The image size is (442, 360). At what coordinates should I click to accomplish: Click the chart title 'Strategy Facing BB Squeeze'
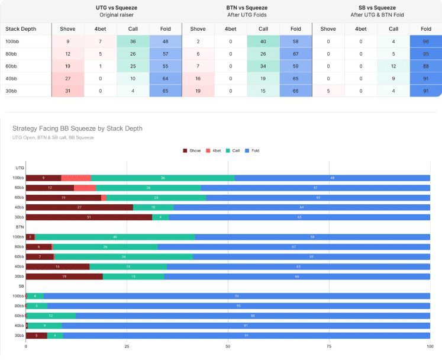click(x=77, y=128)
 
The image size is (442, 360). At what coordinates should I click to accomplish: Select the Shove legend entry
click(x=193, y=151)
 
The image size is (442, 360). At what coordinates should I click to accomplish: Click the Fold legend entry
click(x=254, y=151)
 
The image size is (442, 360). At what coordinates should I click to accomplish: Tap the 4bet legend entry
click(x=214, y=151)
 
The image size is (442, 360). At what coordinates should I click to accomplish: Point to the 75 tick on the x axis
click(x=329, y=346)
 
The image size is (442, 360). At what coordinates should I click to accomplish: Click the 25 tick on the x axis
click(x=127, y=346)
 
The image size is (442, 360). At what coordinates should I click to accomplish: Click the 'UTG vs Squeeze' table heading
click(x=117, y=8)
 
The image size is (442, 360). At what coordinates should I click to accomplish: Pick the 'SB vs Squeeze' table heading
click(x=376, y=8)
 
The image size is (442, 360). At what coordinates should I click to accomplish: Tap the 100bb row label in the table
click(x=12, y=41)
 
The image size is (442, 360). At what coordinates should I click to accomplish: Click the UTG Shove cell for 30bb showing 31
click(x=68, y=91)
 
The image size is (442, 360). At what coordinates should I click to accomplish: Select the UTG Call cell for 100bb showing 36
click(x=133, y=41)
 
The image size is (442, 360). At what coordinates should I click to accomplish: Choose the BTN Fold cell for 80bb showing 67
click(x=295, y=54)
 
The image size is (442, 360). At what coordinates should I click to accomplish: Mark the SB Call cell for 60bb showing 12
click(x=393, y=66)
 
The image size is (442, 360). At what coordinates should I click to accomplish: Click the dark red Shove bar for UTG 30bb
click(x=89, y=217)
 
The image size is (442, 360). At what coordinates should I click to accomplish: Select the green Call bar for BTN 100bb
click(x=115, y=237)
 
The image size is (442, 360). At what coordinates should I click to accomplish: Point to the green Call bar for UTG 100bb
click(x=163, y=178)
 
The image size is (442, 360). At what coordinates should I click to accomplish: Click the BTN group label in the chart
click(x=20, y=227)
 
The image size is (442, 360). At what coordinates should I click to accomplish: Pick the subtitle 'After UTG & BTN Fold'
click(x=376, y=14)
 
